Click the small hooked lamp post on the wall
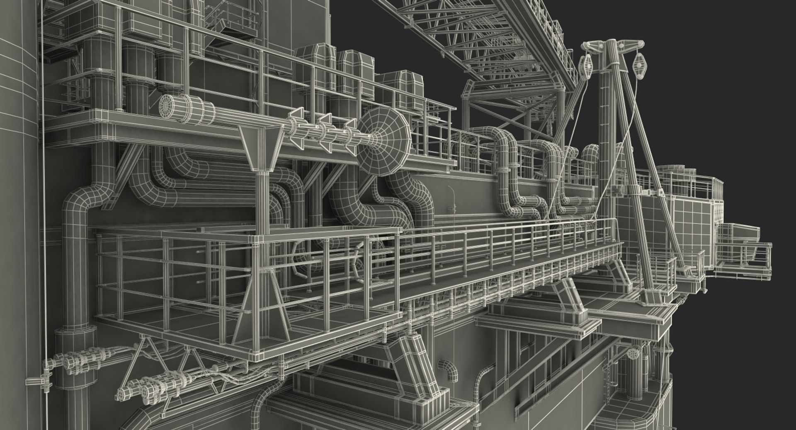pos(452,198)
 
